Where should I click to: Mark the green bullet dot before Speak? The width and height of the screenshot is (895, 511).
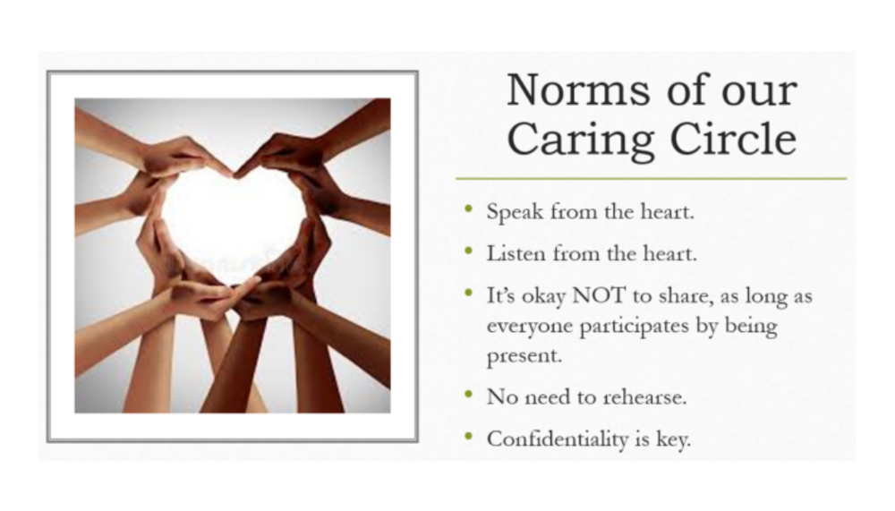click(x=468, y=210)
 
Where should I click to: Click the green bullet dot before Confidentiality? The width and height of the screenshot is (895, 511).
click(x=468, y=437)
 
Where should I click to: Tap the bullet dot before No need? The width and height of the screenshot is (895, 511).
click(x=468, y=394)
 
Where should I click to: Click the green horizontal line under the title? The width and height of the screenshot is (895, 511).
click(x=651, y=179)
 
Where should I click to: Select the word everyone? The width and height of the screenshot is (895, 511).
click(x=526, y=325)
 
